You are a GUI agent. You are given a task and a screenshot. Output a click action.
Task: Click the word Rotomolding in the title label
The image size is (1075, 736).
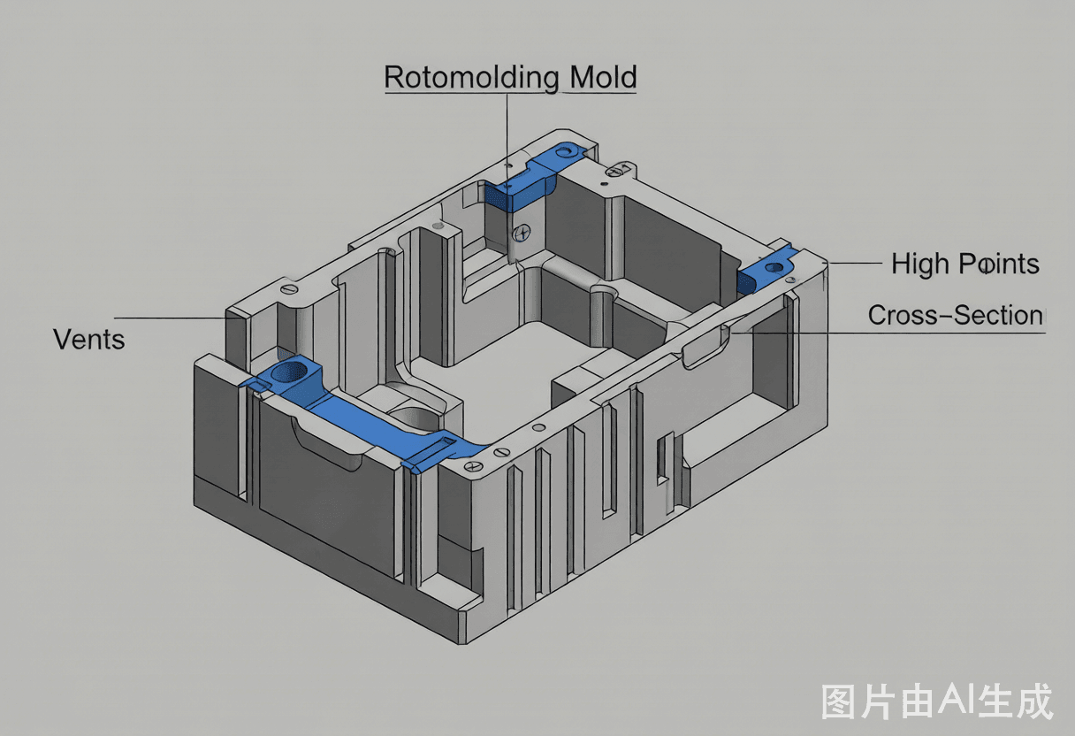point(472,77)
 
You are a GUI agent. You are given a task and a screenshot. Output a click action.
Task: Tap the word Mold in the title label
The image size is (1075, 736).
point(603,77)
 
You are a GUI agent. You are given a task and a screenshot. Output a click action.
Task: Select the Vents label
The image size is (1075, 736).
point(89,340)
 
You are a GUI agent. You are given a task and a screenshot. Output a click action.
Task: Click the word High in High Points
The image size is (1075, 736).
point(920,264)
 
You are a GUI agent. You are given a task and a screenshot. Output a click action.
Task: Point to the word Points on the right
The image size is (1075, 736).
point(999,263)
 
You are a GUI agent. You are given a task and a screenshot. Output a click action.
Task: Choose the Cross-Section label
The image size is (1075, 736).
point(956,315)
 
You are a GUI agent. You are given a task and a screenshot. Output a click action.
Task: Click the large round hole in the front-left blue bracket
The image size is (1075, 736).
point(289,372)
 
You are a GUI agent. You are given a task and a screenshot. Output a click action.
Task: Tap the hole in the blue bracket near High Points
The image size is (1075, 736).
point(774,267)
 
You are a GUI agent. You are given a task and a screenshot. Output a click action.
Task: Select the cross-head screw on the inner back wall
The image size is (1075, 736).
point(522,234)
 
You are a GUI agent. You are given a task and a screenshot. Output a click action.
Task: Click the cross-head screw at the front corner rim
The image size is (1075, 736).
point(473,466)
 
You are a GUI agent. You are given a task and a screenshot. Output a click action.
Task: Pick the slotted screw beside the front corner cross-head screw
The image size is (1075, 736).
point(500,451)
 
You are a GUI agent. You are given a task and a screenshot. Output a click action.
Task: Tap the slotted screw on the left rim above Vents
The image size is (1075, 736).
point(289,288)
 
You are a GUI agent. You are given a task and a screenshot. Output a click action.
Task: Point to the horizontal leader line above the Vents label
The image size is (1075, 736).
point(171,318)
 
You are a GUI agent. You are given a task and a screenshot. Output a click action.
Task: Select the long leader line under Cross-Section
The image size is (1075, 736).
point(888,333)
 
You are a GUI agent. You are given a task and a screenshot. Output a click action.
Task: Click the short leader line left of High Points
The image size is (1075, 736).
point(855,263)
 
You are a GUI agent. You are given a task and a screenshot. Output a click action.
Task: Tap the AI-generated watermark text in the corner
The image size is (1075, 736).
point(937,701)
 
